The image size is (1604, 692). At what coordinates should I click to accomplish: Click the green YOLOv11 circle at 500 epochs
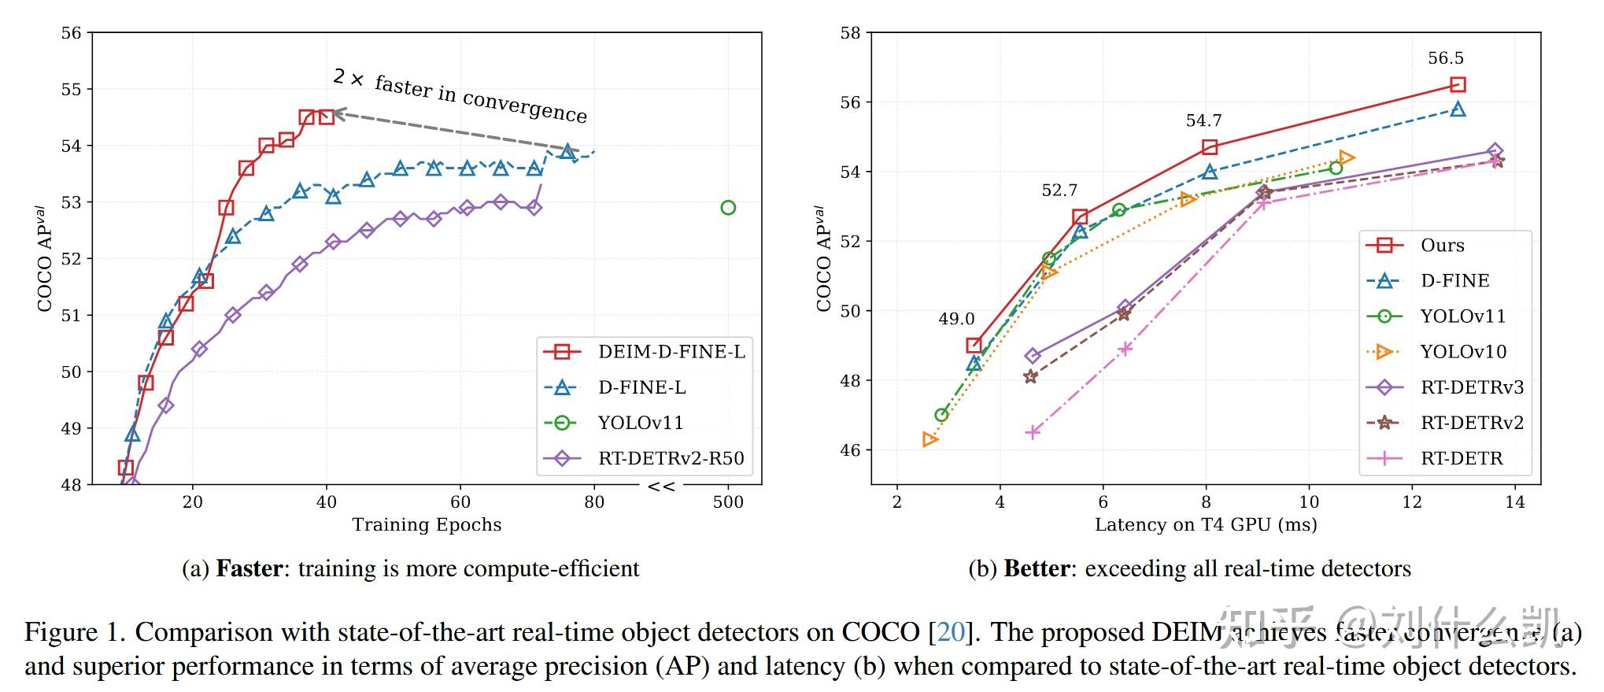727,208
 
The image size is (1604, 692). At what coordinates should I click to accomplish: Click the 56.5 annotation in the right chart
1445,58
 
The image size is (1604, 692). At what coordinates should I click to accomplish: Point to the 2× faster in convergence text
460,96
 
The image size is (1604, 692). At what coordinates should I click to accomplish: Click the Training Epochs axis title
426,525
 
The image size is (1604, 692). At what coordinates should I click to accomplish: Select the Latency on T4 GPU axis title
1205,525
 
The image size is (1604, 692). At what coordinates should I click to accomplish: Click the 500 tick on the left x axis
727,502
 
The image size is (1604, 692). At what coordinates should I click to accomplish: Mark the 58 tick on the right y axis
850,33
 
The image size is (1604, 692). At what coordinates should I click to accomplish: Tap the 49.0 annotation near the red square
955,319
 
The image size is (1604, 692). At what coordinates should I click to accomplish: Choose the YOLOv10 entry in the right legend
1462,352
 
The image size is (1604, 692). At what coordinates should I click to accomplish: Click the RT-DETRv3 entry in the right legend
1471,387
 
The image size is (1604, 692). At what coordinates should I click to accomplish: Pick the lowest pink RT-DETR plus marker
1033,432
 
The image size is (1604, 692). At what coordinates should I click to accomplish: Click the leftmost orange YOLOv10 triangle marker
930,439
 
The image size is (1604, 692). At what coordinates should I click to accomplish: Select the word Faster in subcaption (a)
249,568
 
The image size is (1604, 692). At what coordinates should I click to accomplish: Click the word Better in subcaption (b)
1037,568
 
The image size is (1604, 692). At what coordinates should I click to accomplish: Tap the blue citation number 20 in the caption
951,632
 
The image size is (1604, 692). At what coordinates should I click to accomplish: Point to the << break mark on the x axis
660,487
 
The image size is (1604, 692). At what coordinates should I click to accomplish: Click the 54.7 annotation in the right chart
1203,120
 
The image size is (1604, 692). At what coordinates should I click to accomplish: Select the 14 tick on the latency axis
1514,502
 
